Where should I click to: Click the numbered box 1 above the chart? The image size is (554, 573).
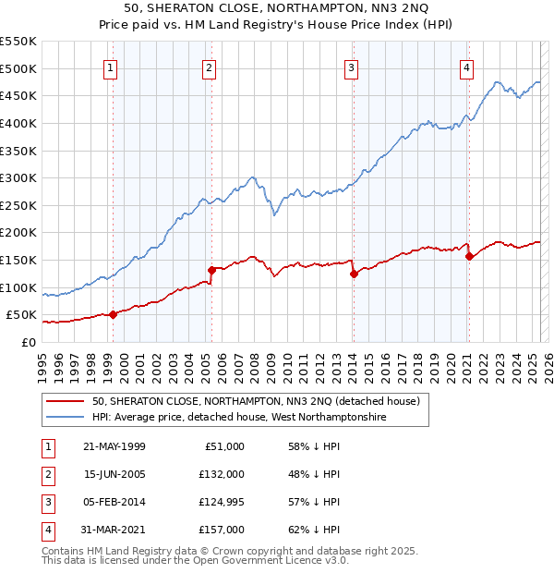click(111, 67)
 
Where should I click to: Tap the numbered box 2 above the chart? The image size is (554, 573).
click(210, 67)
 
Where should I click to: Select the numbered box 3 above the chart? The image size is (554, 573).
click(352, 67)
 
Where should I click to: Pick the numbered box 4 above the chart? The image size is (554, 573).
click(467, 67)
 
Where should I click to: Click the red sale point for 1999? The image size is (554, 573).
click(113, 314)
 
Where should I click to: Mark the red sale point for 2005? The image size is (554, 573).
click(211, 270)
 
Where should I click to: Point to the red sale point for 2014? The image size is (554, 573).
click(354, 274)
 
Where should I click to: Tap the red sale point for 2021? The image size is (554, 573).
click(469, 256)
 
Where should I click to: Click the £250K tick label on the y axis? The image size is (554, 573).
click(18, 205)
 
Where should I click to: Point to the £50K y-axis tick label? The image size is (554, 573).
click(21, 315)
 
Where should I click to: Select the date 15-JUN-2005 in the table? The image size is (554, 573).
click(114, 474)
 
